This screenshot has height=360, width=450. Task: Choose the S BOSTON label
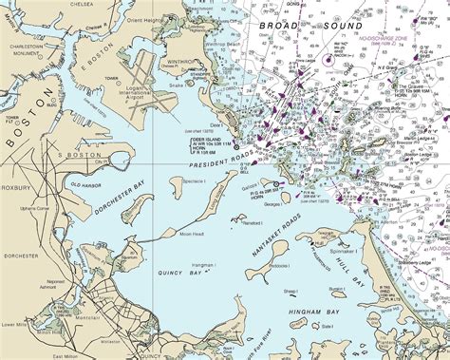72,153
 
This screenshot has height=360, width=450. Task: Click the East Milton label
65,355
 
